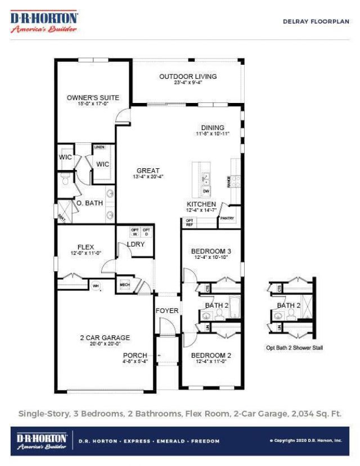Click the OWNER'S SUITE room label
(93, 97)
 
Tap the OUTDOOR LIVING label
(188, 77)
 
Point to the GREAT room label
(148, 171)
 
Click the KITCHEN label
(201, 204)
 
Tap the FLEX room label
(85, 247)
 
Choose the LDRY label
(136, 244)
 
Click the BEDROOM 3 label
(211, 251)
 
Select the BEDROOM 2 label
(211, 355)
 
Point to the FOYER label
(166, 311)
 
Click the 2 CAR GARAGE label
(105, 338)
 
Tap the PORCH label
(136, 355)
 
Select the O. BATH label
(89, 203)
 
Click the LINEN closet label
(100, 147)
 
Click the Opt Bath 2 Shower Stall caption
(294, 348)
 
